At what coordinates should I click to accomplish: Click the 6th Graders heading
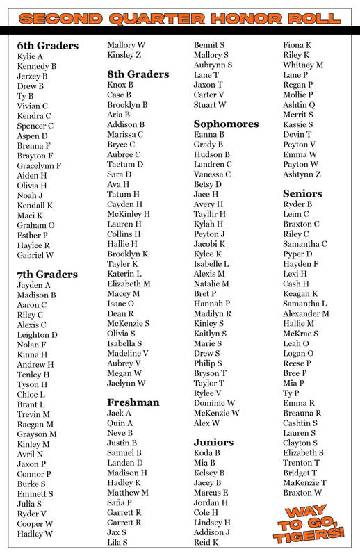pyautogui.click(x=47, y=46)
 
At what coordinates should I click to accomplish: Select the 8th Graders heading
pyautogui.click(x=138, y=74)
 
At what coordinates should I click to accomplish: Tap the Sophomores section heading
pyautogui.click(x=226, y=124)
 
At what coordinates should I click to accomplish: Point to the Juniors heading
pyautogui.click(x=213, y=442)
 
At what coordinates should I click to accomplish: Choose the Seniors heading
pyautogui.click(x=302, y=193)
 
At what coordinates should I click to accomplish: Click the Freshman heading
pyautogui.click(x=133, y=402)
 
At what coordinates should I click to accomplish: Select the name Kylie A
pyautogui.click(x=30, y=56)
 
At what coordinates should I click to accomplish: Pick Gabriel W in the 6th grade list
pyautogui.click(x=35, y=255)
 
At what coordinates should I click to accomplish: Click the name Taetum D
pyautogui.click(x=125, y=164)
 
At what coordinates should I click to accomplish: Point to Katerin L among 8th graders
pyautogui.click(x=124, y=274)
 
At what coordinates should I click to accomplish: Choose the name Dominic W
pyautogui.click(x=214, y=403)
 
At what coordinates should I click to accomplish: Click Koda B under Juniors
pyautogui.click(x=207, y=453)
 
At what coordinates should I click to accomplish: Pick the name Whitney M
pyautogui.click(x=303, y=65)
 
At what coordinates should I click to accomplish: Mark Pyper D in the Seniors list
pyautogui.click(x=298, y=254)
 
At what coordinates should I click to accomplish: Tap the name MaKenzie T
pyautogui.click(x=304, y=482)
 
